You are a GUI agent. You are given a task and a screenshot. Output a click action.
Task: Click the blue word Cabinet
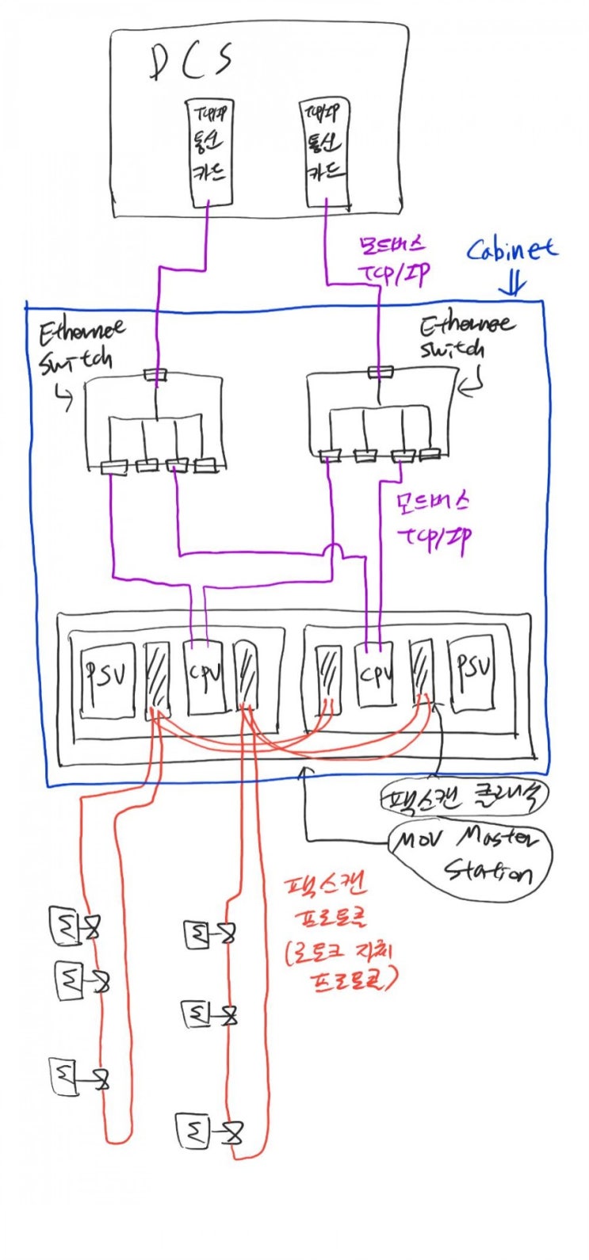[x=511, y=250]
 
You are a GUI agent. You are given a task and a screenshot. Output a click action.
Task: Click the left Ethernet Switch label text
[x=79, y=346]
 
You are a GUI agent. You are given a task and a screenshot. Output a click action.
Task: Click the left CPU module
[x=205, y=675]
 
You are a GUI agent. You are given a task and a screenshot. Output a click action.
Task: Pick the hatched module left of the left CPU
[x=157, y=680]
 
